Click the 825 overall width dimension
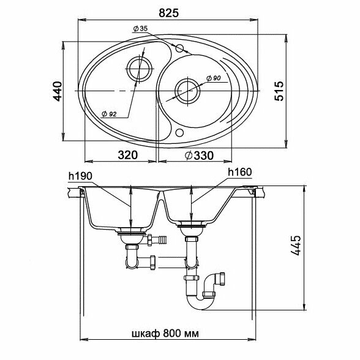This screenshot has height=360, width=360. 168,13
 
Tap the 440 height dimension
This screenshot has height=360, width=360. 58,91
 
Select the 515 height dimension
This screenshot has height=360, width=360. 279,91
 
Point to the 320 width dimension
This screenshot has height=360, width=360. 127,155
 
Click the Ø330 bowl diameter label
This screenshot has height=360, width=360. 199,156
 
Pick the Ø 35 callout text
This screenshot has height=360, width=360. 140,29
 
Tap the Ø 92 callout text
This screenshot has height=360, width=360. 109,114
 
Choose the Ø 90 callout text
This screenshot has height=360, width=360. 213,78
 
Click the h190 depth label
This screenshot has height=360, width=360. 80,176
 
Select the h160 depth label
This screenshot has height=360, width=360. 240,172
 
